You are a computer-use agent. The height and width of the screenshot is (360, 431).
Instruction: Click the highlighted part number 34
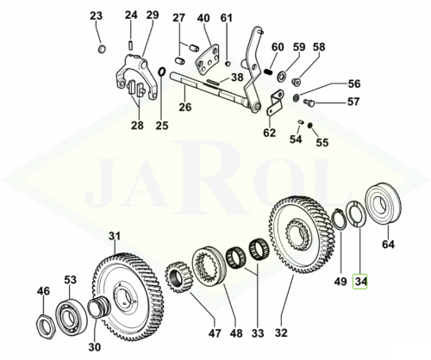(361, 281)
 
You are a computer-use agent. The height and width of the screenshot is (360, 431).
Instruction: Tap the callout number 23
(96, 16)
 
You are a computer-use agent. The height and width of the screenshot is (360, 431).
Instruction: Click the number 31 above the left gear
(115, 236)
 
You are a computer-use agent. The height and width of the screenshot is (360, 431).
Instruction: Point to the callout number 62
(269, 133)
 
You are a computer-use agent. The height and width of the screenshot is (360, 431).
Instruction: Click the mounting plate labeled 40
(207, 61)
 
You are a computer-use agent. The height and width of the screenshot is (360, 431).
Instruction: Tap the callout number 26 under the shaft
(184, 109)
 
